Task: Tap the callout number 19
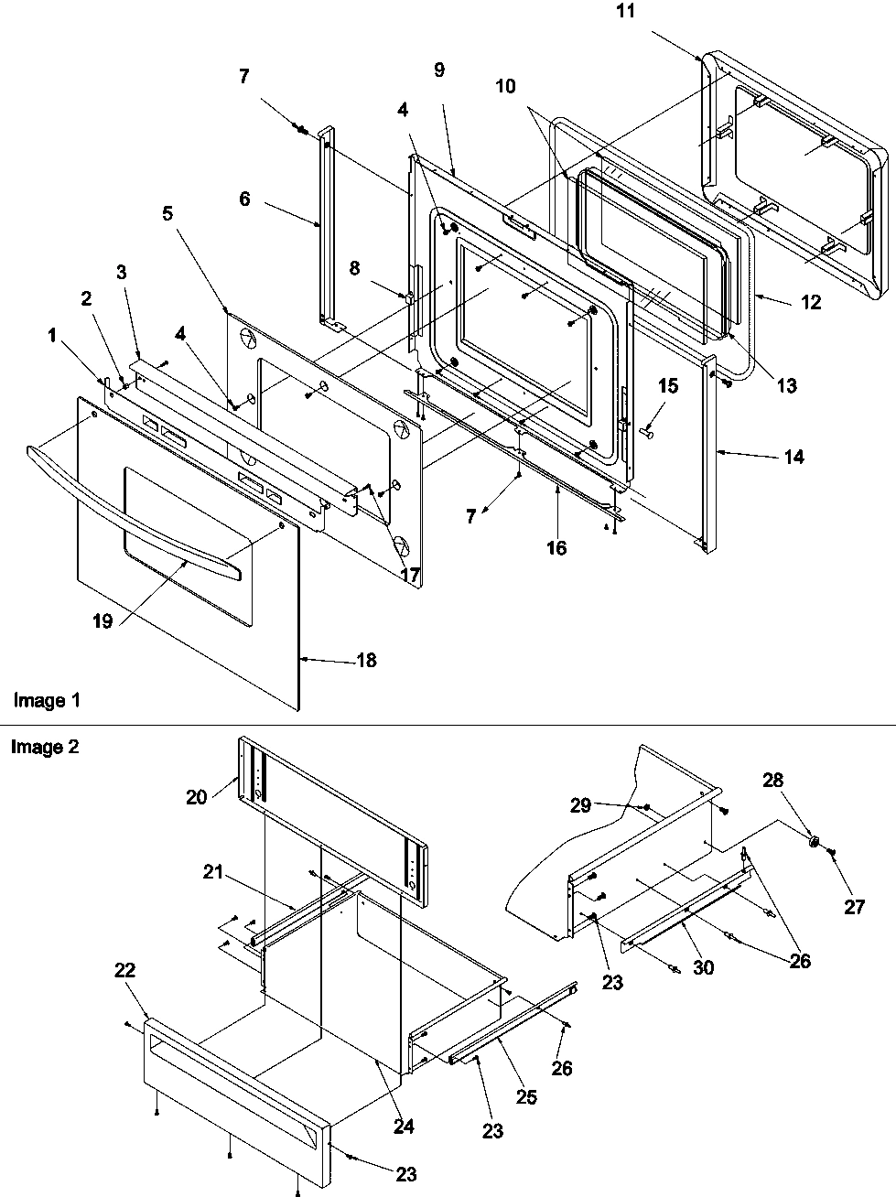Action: [103, 621]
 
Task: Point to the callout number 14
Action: [793, 456]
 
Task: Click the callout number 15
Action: [668, 387]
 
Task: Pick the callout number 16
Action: [556, 548]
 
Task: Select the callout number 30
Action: [703, 967]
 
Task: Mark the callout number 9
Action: [439, 70]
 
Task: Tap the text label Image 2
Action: [45, 747]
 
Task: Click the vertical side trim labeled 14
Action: [711, 458]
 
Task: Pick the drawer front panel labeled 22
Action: [229, 1080]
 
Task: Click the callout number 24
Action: [404, 1127]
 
